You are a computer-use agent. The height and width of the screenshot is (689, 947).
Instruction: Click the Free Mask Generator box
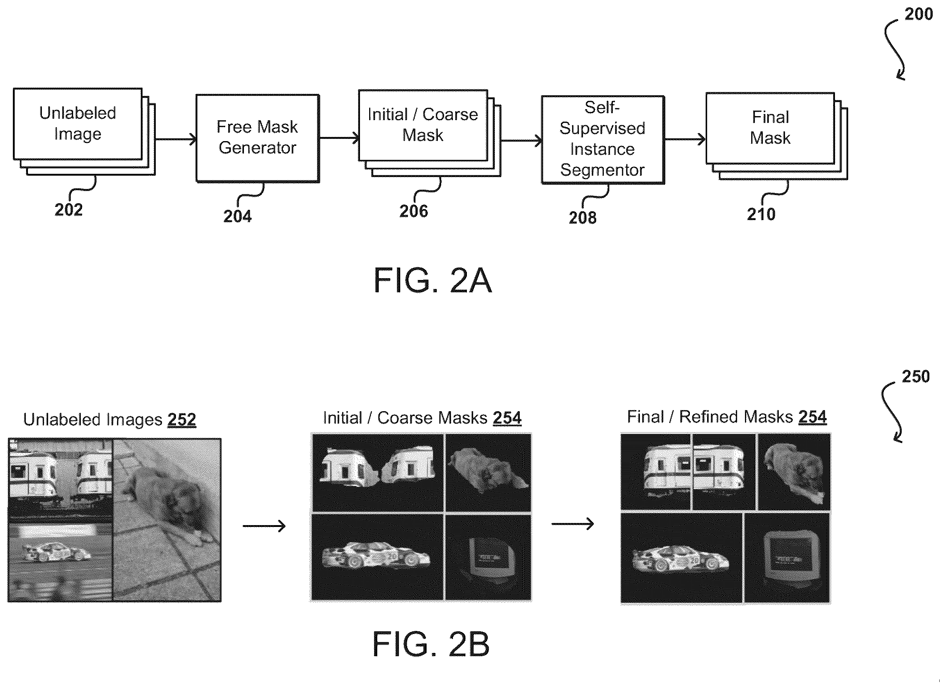[258, 138]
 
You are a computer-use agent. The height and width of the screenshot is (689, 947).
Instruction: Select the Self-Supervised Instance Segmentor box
[603, 140]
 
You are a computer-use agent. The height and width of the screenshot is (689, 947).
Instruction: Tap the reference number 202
[68, 209]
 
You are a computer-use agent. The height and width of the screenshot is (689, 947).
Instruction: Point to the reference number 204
[237, 216]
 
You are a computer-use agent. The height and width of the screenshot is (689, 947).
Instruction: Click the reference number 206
[413, 211]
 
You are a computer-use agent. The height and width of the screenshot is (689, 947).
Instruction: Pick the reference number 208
[583, 218]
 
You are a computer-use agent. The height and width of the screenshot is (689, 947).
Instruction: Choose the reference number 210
[761, 215]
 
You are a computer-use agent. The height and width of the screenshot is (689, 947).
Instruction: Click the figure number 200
[919, 14]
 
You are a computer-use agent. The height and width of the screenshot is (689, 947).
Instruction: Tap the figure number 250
[916, 377]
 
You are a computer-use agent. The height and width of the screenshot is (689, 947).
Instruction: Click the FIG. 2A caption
[433, 281]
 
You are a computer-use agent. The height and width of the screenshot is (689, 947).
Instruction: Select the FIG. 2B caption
[431, 644]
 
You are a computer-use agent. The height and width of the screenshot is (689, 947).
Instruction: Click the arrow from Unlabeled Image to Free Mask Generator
[175, 139]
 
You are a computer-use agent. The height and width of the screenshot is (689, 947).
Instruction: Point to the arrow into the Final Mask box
[685, 140]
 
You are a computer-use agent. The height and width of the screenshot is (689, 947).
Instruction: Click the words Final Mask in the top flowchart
[770, 128]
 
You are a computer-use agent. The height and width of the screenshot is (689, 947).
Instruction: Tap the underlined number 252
[181, 420]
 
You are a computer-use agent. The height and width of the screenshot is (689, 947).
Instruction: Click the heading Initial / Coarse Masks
[405, 418]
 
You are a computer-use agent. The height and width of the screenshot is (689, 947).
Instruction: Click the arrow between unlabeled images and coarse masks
[264, 526]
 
